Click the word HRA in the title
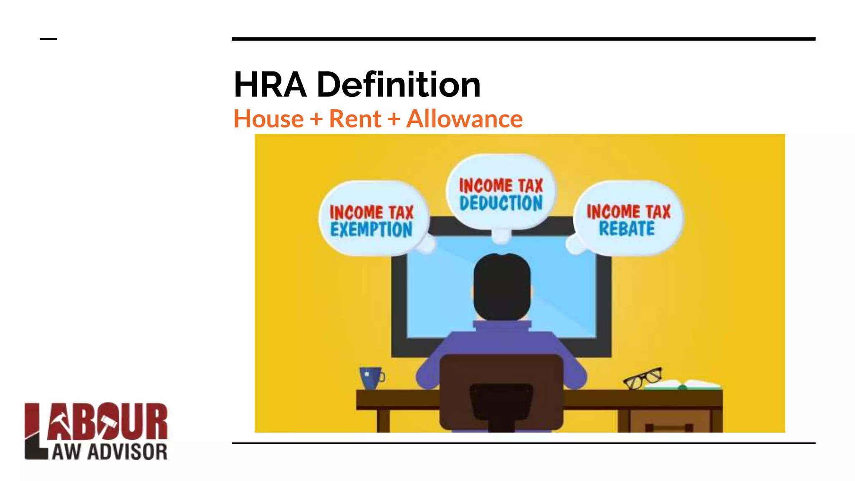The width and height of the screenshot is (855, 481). (x=270, y=85)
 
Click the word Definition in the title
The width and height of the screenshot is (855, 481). (x=399, y=85)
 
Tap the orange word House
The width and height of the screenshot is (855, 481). (x=268, y=119)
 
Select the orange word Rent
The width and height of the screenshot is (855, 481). (x=355, y=119)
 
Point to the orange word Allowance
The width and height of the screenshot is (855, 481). (x=464, y=119)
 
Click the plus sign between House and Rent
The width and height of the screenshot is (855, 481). (x=316, y=119)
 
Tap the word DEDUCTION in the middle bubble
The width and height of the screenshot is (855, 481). (x=501, y=203)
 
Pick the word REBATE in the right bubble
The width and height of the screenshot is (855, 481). (x=627, y=229)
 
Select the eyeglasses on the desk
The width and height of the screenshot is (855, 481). (x=643, y=378)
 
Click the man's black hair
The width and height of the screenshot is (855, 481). (x=502, y=284)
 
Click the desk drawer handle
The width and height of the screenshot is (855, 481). (x=669, y=428)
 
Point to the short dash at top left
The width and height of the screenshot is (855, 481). (x=48, y=39)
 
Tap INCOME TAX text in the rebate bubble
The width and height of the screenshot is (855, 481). (x=628, y=212)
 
